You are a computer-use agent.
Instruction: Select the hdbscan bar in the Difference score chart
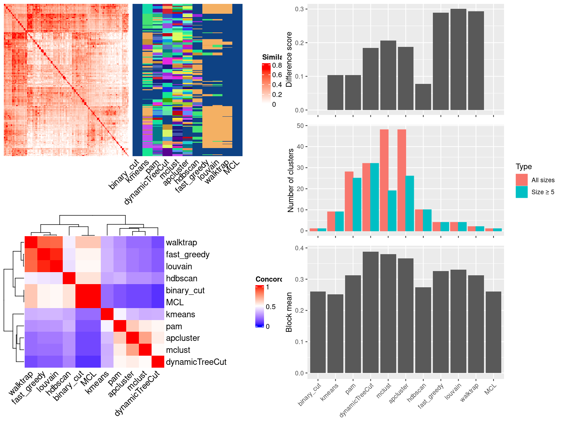(x=423, y=97)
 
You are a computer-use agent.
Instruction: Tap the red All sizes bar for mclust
(x=384, y=180)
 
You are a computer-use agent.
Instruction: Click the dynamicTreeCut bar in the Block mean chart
(x=370, y=312)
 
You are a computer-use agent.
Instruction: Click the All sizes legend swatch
(x=522, y=180)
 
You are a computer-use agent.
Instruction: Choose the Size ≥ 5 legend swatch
(x=522, y=192)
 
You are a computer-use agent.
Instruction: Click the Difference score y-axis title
(x=289, y=59)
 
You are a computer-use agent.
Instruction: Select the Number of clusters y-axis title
(x=291, y=180)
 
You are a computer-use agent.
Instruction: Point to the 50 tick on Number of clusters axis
(x=300, y=125)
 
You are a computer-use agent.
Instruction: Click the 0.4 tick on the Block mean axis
(x=299, y=248)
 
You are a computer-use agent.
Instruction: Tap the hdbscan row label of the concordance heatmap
(x=182, y=278)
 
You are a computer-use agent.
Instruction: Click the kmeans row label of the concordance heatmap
(x=180, y=314)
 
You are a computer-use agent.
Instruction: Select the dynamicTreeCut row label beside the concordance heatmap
(x=196, y=362)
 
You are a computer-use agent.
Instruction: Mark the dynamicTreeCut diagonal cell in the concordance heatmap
(x=158, y=362)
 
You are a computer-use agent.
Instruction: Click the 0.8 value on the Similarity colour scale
(x=277, y=65)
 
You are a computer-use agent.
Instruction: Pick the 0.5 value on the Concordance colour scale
(x=271, y=307)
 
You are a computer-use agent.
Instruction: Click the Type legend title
(x=523, y=167)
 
